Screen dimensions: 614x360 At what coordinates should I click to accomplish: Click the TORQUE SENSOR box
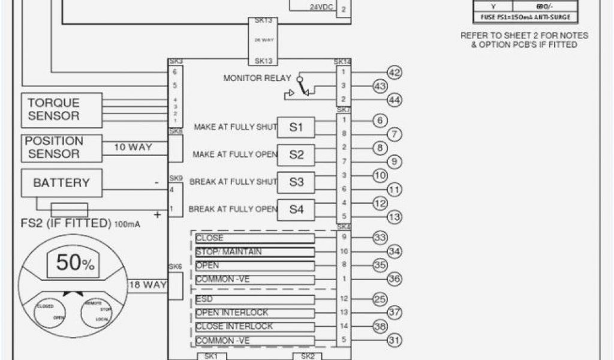(x=53, y=109)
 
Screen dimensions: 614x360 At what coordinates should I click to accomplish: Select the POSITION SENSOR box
(x=53, y=148)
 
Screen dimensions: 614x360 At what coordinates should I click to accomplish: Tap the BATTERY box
(x=61, y=183)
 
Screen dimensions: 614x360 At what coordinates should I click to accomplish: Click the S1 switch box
(x=297, y=127)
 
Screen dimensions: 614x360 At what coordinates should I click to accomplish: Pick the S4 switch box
(x=297, y=209)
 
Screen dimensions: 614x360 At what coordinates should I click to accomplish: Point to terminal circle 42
(x=394, y=73)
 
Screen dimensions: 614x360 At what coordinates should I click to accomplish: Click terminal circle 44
(x=394, y=100)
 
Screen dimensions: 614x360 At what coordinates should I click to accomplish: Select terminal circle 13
(x=394, y=217)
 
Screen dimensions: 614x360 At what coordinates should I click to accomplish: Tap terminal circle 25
(x=380, y=299)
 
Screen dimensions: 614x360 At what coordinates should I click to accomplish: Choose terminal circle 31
(x=394, y=340)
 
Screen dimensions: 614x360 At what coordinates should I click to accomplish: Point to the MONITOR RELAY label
(x=257, y=78)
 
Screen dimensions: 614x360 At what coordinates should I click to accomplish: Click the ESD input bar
(x=254, y=299)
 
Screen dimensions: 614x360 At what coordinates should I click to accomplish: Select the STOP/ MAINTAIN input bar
(x=254, y=252)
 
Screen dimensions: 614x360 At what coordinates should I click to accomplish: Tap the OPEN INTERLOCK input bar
(x=254, y=313)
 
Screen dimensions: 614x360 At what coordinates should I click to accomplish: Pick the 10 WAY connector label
(x=133, y=146)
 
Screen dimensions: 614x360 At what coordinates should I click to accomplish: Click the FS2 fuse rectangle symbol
(x=70, y=209)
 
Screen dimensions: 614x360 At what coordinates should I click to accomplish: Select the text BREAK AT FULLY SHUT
(x=233, y=182)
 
